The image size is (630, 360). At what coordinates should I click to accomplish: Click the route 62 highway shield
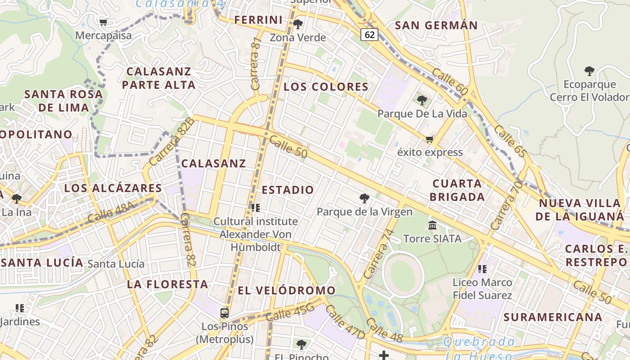coord(369,35)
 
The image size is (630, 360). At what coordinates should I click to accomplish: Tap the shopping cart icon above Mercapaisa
coord(103,22)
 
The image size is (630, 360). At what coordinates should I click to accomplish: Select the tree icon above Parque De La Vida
coord(422,100)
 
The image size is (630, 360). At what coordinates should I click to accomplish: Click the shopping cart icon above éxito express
coord(429,139)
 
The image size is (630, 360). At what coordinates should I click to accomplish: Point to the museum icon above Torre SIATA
coord(432,225)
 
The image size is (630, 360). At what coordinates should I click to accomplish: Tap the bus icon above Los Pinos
coord(224,313)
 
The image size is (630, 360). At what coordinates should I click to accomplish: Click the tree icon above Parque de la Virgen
coord(364,198)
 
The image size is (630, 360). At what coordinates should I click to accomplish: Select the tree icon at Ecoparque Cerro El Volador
coord(589,71)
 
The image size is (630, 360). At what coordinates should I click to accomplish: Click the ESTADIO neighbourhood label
coord(288,190)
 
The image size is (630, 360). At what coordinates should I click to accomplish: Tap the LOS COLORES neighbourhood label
coord(326,87)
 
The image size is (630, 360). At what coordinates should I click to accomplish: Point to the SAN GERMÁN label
coord(436,25)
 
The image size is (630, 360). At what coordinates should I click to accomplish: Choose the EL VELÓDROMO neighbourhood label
coord(287,291)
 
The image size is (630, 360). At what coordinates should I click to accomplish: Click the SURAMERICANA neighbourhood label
coord(553,317)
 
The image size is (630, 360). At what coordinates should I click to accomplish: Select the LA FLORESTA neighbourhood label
coord(167,284)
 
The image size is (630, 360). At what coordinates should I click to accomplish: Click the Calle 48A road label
coord(111,212)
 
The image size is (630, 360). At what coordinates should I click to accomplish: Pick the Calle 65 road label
coord(509,141)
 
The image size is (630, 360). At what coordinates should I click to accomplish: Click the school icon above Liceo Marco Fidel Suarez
coord(482,269)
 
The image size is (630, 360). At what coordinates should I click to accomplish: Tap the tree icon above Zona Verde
coord(297,24)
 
